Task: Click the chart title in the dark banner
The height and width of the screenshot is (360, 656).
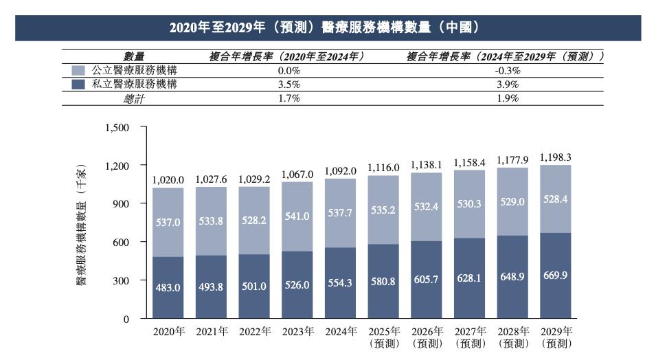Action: [328, 27]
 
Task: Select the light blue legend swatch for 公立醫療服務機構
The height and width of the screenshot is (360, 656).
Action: [78, 70]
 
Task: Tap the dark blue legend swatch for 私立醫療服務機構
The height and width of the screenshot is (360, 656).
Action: [78, 85]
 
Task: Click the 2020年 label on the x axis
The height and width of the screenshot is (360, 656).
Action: [169, 331]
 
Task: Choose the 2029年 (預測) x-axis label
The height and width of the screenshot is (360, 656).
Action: [556, 336]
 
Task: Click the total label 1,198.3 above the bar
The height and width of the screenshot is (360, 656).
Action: [556, 157]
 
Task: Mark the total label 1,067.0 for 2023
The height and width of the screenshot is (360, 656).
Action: [297, 175]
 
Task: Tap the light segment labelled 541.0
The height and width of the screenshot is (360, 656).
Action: [297, 216]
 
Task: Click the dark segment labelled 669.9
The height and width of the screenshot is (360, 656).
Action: [556, 276]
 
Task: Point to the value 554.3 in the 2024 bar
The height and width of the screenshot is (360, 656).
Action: [341, 282]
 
